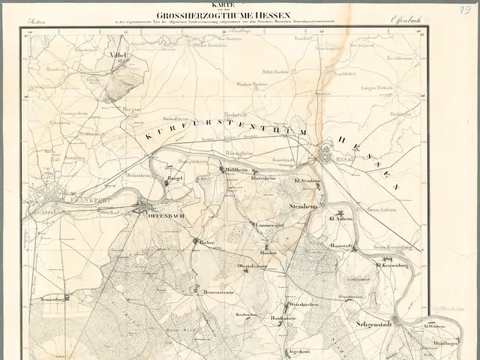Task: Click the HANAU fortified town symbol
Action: [x=328, y=156]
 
